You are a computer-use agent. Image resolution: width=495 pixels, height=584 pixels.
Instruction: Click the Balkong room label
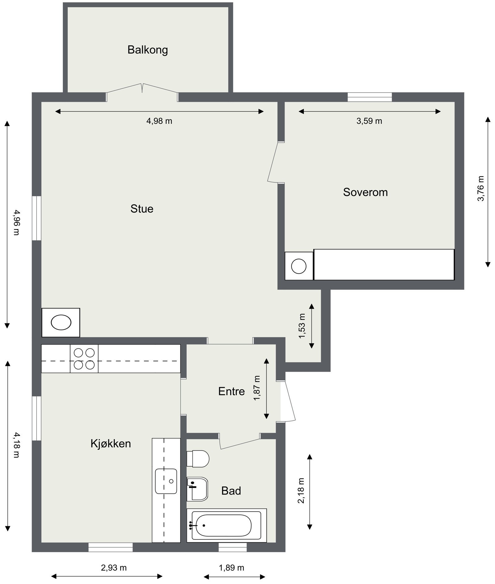pos(148,50)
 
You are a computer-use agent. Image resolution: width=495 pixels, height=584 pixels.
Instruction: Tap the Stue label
pos(142,209)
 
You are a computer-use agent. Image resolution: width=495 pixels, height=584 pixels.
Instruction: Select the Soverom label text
pos(365,192)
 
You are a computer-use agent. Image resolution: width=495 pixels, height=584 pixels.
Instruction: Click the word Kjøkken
pos(110,443)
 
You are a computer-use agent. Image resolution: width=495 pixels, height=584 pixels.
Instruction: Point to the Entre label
pos(231,391)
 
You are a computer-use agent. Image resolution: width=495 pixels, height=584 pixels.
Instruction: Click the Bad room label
pos(231,491)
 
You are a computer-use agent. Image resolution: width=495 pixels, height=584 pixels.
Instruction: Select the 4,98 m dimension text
pos(159,121)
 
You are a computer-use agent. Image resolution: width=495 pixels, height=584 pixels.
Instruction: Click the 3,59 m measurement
pos(369,121)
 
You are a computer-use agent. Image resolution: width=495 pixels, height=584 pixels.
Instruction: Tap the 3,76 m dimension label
pos(481,188)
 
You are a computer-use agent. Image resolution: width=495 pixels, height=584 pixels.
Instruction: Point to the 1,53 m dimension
pos(302,326)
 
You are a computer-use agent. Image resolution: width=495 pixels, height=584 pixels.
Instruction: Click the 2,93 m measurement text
pos(114,568)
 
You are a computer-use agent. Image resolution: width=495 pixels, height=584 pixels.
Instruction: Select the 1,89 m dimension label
pos(231,568)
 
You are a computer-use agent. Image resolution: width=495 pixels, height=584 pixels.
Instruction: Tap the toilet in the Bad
pos(199,459)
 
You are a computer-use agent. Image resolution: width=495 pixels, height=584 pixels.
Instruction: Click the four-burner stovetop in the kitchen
pos(84,359)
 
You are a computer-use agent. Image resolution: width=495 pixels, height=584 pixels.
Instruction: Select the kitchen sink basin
pos(166,481)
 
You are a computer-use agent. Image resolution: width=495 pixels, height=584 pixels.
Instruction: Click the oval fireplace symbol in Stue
pos(61,322)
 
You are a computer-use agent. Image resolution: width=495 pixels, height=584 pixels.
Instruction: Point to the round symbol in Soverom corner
pos(299,266)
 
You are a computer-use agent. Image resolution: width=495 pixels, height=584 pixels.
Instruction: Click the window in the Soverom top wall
pos(369,97)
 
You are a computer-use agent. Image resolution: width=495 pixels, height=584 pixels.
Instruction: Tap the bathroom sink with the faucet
pos(197,489)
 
